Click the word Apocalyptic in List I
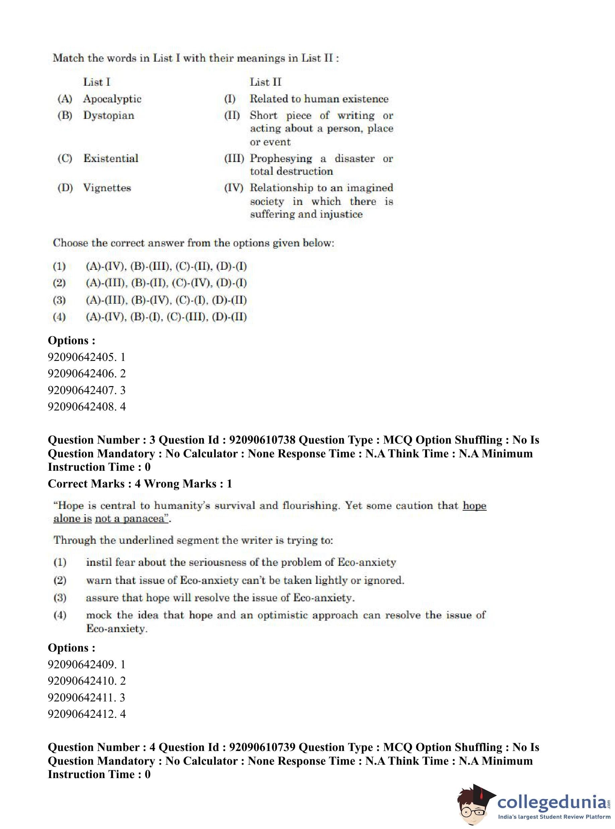point(112,99)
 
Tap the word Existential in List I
point(111,158)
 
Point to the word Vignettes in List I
point(107,187)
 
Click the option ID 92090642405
point(81,357)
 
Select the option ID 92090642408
point(81,407)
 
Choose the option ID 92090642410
point(81,681)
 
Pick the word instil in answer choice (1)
point(98,562)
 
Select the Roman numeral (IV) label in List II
point(233,188)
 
